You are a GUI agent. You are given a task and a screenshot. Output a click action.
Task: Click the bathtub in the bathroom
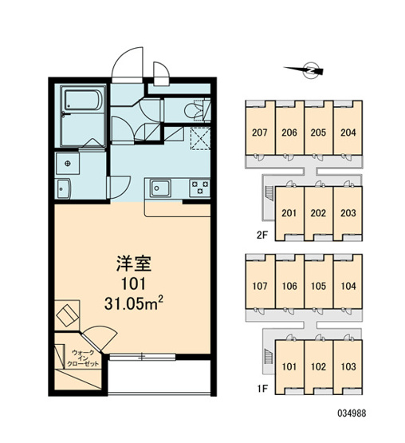(x=83, y=100)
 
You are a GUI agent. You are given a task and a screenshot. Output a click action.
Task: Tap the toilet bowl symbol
(x=195, y=110)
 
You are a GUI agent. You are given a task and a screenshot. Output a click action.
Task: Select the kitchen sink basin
(x=160, y=188)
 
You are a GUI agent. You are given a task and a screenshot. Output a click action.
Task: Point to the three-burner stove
(x=200, y=188)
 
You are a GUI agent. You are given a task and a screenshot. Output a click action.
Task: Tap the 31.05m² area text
(x=134, y=303)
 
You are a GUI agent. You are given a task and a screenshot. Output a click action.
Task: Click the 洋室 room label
(x=134, y=263)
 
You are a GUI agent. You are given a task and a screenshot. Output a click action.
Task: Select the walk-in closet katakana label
(x=83, y=358)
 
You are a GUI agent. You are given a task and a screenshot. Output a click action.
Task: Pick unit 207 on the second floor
(x=260, y=133)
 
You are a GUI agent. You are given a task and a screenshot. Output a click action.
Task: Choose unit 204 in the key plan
(x=348, y=133)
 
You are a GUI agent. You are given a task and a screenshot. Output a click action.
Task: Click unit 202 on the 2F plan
(x=318, y=213)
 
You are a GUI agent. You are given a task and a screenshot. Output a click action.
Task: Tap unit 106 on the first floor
(x=289, y=286)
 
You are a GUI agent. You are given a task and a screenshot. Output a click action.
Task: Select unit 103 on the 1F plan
(x=348, y=366)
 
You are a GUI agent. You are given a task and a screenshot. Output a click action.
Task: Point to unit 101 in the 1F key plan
(x=289, y=366)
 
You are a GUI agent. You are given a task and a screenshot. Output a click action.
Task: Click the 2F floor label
(x=262, y=235)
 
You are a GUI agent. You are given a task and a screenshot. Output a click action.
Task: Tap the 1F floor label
(x=262, y=389)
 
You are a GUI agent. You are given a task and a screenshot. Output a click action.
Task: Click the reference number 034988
(x=352, y=413)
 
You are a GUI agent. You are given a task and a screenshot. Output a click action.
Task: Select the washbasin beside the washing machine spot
(x=64, y=188)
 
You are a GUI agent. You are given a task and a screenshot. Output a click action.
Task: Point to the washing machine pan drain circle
(x=68, y=164)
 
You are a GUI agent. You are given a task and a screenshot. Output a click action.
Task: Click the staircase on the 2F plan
(x=269, y=193)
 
